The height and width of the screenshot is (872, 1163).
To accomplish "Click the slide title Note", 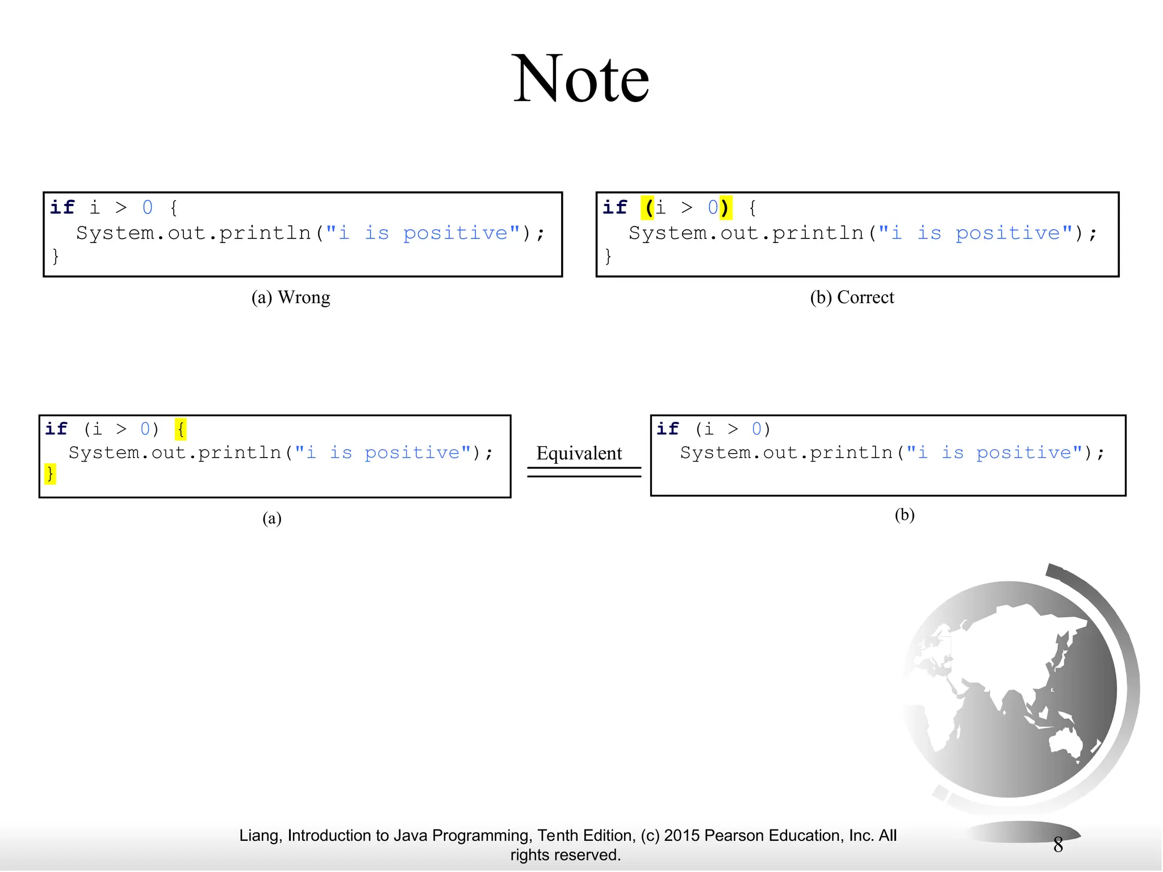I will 580,79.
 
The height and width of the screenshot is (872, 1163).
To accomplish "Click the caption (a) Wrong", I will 290,297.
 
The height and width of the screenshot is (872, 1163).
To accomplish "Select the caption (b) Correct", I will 851,297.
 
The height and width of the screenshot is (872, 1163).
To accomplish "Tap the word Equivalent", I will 579,453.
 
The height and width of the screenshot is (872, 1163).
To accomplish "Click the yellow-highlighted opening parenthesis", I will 648,208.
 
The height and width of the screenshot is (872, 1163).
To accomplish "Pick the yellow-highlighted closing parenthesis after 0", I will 725,208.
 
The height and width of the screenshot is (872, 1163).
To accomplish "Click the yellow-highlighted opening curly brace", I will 181,429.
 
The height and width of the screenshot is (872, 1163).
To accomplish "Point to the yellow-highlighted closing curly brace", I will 50,473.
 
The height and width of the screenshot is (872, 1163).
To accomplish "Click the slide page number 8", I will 1058,845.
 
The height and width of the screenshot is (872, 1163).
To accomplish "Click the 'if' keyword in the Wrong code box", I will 62,208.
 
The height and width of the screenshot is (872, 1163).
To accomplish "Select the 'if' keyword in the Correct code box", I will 614,208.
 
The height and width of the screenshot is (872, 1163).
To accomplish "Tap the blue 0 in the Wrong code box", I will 148,208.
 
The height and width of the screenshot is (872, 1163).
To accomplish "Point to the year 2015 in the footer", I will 682,836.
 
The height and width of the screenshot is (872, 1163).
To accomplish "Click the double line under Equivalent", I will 584,472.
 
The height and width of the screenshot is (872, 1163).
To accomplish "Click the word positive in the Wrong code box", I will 455,233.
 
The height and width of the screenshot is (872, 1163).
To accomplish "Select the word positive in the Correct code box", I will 1008,233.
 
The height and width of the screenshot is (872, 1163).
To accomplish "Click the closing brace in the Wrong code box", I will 55,257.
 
